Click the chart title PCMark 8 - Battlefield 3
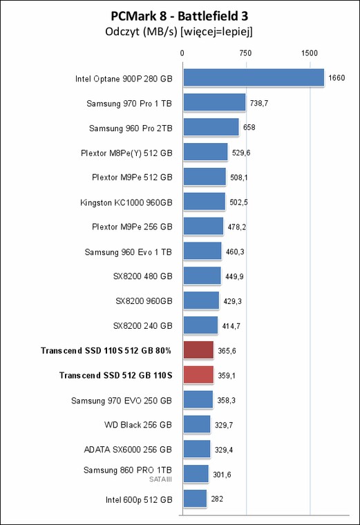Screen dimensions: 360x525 coord(180,16)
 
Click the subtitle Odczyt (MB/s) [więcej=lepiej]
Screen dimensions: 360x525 coord(179,32)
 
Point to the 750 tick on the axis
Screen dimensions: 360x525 coord(245,53)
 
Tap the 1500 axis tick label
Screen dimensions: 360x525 coord(310,53)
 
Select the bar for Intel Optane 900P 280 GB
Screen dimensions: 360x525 coord(254,77)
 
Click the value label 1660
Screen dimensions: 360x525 coord(337,77)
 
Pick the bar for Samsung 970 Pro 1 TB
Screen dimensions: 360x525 coord(215,102)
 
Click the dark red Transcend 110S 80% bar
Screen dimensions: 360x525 coord(198,350)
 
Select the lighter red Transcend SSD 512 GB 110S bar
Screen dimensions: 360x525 coord(198,375)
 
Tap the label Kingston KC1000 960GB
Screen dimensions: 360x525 coord(126,202)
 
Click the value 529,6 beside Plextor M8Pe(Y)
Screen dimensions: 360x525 coord(241,153)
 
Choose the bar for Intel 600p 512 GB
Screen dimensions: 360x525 coord(196,499)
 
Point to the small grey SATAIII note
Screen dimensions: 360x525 coord(160,479)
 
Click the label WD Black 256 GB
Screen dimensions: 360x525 coord(138,425)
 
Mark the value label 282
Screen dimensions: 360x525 coord(217,499)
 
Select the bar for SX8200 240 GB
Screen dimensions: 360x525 coord(200,325)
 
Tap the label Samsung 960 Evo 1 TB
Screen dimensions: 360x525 coord(129,251)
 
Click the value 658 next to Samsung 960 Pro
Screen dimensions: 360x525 coord(249,127)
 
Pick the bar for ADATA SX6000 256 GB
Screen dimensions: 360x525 coord(197,449)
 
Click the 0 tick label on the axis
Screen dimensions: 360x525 coord(182,53)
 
